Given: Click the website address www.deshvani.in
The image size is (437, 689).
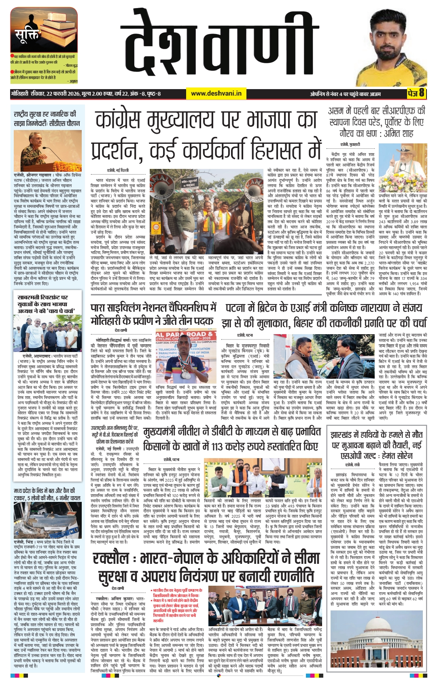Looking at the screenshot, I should click(x=216, y=94).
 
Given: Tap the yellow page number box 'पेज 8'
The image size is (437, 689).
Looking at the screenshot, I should click(x=416, y=94).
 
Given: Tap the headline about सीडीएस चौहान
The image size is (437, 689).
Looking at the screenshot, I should click(x=47, y=119).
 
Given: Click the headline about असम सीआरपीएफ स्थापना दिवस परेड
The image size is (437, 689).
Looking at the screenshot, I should click(x=376, y=122).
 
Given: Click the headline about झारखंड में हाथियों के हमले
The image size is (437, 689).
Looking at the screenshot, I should click(x=377, y=445).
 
